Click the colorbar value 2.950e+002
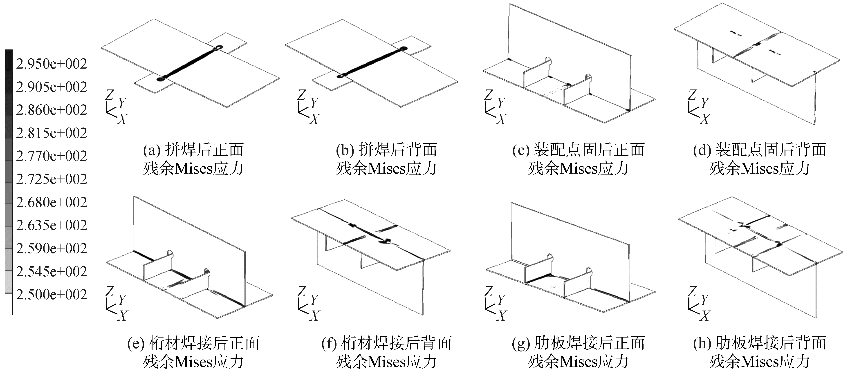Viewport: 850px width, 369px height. tap(52, 64)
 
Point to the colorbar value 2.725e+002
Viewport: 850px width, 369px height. tap(52, 179)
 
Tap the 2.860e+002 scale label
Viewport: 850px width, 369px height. tap(52, 110)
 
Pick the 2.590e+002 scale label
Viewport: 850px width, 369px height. tap(52, 248)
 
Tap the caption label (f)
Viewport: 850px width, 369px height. tap(329, 344)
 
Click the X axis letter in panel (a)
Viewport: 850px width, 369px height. tap(122, 119)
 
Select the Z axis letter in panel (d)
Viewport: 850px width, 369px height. tap(693, 95)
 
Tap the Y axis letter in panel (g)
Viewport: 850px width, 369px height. tap(501, 300)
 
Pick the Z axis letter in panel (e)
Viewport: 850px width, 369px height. tap(110, 291)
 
